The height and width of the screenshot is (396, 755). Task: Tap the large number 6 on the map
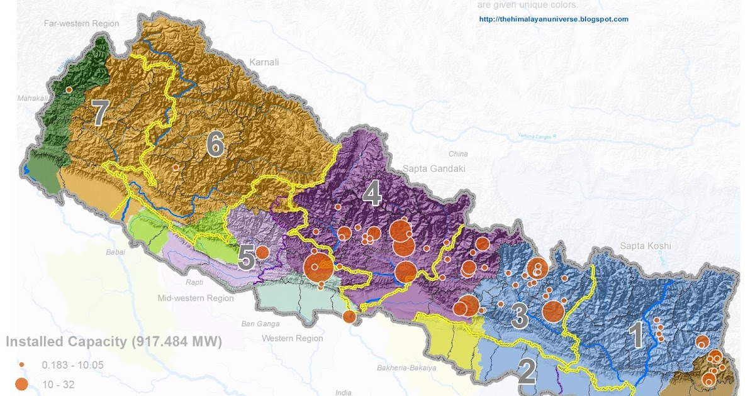(x=215, y=145)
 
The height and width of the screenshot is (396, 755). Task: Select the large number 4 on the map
(x=372, y=194)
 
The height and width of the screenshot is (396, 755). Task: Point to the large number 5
(x=246, y=258)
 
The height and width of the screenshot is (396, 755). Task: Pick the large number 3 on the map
(x=519, y=316)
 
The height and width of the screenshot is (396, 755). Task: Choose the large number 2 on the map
(x=527, y=371)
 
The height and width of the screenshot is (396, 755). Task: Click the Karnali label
(x=264, y=62)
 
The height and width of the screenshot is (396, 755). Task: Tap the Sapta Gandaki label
(x=433, y=168)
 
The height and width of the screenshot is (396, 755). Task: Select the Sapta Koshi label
(x=646, y=246)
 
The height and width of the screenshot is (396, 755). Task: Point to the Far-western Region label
(x=81, y=23)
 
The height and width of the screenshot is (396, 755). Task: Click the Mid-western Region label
(x=196, y=298)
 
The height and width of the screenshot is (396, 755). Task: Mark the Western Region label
(x=293, y=338)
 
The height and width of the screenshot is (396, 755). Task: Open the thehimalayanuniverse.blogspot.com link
(x=554, y=19)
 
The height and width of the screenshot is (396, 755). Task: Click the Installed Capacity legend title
(x=114, y=342)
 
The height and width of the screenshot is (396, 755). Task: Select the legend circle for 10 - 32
(x=21, y=384)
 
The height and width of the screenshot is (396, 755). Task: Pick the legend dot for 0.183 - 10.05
(x=21, y=365)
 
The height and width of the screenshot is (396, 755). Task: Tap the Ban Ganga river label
(x=259, y=324)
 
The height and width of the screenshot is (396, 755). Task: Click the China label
(x=458, y=154)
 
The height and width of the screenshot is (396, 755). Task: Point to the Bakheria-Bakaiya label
(x=406, y=368)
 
